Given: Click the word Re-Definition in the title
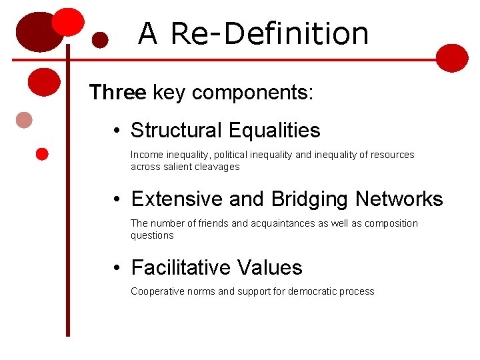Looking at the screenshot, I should pyautogui.click(x=269, y=33).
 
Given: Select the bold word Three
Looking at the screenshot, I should pyautogui.click(x=117, y=92).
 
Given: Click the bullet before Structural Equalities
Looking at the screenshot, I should pyautogui.click(x=117, y=131).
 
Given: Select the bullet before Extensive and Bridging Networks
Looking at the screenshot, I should pyautogui.click(x=117, y=199).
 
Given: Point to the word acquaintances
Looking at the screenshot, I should pyautogui.click(x=283, y=223).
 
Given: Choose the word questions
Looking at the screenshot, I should pyautogui.click(x=152, y=235).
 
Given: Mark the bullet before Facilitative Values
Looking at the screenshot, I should pyautogui.click(x=117, y=268).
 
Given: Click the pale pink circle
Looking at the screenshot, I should pyautogui.click(x=24, y=120).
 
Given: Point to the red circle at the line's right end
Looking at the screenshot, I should pyautogui.click(x=453, y=58).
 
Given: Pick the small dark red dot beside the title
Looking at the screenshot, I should pyautogui.click(x=100, y=40).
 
